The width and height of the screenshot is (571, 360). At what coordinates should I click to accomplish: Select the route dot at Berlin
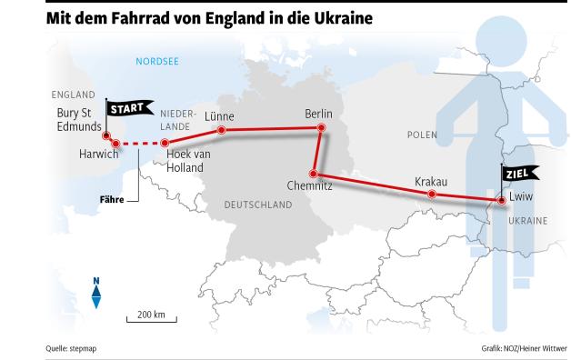(x=320, y=130)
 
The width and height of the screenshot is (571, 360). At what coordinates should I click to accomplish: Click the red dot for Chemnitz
(x=312, y=173)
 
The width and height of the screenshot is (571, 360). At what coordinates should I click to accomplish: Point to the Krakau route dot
(x=432, y=195)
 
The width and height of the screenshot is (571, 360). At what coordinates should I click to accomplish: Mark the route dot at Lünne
(x=221, y=131)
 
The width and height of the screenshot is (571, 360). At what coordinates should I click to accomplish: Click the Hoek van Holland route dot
(x=165, y=143)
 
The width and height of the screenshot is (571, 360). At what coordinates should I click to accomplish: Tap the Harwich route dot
(x=115, y=143)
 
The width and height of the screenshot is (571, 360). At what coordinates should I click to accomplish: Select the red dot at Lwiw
(x=499, y=199)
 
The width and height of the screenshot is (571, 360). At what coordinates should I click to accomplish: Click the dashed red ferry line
(x=140, y=143)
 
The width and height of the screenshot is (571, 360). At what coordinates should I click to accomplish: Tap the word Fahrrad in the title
(x=129, y=17)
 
